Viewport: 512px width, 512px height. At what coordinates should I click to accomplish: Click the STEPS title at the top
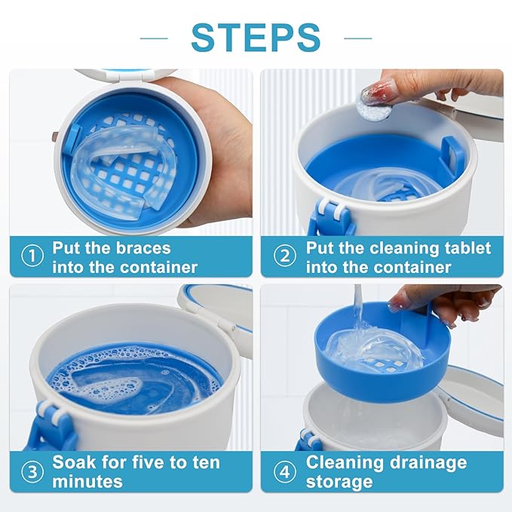(256, 36)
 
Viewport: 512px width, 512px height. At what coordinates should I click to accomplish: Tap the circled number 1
(32, 256)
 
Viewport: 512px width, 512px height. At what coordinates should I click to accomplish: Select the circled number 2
(284, 256)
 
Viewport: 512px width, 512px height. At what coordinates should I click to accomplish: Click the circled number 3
(32, 472)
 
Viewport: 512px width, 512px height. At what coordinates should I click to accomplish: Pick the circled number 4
(284, 472)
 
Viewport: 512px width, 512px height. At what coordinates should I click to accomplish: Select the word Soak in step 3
(75, 461)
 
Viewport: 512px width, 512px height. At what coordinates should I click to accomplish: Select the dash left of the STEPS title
(154, 36)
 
